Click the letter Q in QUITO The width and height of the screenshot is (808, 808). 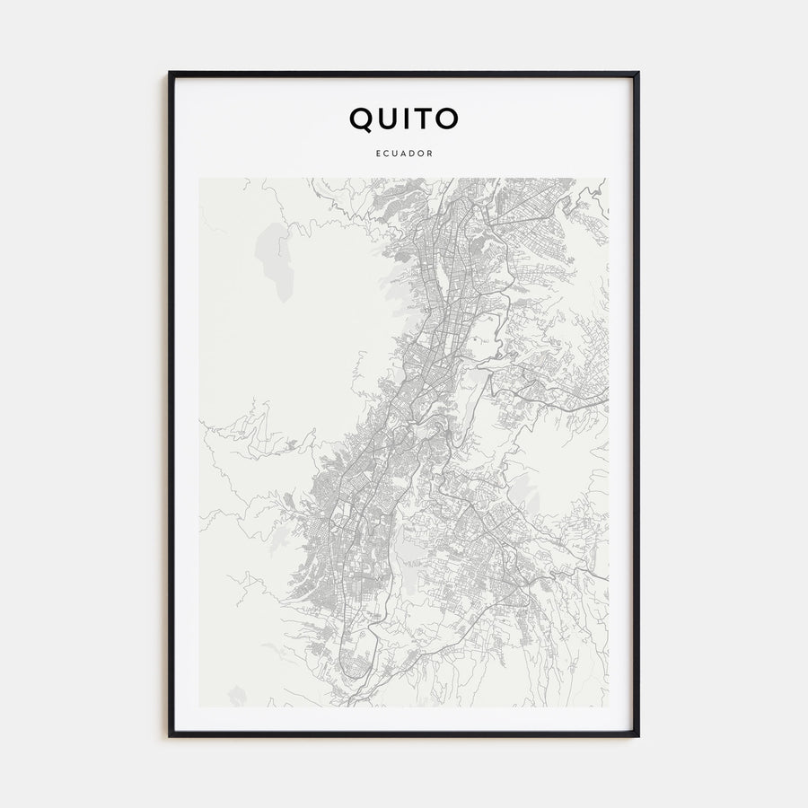(x=361, y=119)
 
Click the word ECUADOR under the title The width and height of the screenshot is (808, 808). (x=404, y=154)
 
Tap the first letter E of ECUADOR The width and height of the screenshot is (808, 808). (x=378, y=154)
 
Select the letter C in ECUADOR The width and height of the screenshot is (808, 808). (x=386, y=154)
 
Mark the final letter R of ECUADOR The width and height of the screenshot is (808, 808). (x=431, y=154)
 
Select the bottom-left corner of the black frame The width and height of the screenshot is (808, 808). (x=170, y=736)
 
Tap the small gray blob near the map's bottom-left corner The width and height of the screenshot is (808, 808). (x=237, y=694)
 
